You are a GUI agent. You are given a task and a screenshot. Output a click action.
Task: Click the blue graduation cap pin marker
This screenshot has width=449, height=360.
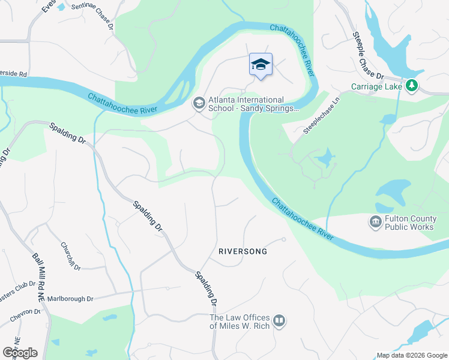tap(261, 65)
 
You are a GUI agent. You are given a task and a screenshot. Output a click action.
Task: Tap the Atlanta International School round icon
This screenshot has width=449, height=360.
tap(199, 104)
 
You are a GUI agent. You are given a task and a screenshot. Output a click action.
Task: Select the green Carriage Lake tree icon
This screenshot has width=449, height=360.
tap(412, 86)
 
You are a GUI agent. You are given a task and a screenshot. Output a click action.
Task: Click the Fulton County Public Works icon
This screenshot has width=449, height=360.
tap(376, 223)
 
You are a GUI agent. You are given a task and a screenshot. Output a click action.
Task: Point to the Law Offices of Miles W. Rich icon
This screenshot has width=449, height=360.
tap(279, 322)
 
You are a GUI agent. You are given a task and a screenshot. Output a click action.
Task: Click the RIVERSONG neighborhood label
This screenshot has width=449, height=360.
tap(242, 252)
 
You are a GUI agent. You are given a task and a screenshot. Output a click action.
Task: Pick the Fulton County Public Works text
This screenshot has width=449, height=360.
tap(410, 223)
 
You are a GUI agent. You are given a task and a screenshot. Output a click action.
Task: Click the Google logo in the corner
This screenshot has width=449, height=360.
tap(20, 352)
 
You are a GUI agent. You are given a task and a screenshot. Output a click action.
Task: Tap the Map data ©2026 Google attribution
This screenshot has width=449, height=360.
tap(411, 355)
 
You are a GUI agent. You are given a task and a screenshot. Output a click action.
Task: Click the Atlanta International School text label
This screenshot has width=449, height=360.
tap(253, 104)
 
